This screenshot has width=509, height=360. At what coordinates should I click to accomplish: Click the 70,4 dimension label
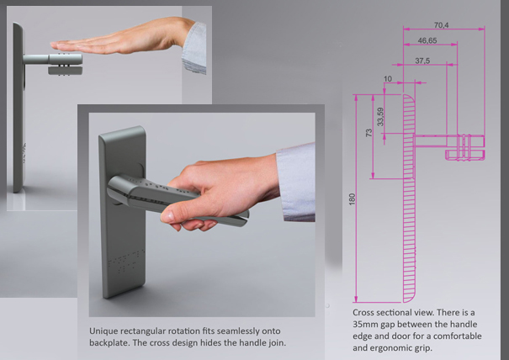click(x=441, y=24)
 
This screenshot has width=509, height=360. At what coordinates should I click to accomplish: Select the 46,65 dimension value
click(x=427, y=40)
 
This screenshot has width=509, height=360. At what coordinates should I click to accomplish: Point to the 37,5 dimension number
click(x=422, y=61)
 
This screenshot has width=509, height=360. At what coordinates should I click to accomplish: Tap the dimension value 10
click(x=388, y=79)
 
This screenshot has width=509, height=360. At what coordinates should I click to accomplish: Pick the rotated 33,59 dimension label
click(x=380, y=117)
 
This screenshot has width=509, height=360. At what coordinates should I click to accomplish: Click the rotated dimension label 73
click(x=368, y=132)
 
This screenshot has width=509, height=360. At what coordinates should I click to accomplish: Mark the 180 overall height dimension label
click(x=352, y=199)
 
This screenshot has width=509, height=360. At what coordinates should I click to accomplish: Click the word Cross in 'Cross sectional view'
click(x=363, y=313)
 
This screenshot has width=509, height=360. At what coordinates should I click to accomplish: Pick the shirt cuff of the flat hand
click(x=194, y=48)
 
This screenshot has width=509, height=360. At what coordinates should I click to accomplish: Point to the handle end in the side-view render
click(x=77, y=59)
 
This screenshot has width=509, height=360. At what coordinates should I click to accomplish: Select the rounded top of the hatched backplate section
click(x=409, y=98)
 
